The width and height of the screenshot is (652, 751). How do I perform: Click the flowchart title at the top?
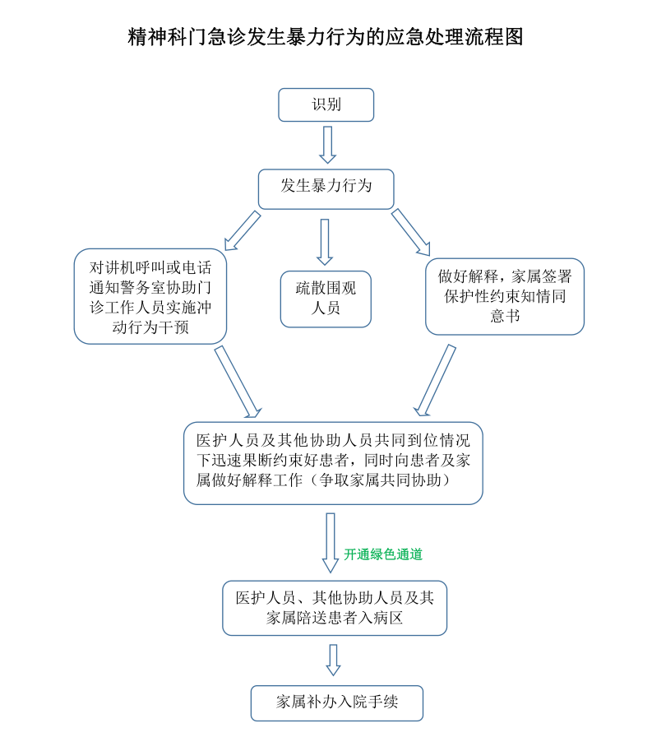click(x=326, y=37)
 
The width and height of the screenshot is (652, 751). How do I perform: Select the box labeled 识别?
click(x=326, y=104)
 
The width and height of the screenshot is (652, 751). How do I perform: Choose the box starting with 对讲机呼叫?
click(x=150, y=296)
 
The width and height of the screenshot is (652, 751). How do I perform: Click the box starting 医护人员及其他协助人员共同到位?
click(x=332, y=462)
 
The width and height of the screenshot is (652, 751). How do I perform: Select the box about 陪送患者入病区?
click(x=335, y=608)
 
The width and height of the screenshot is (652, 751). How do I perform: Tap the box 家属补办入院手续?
click(x=336, y=702)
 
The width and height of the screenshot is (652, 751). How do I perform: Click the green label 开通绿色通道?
click(x=383, y=555)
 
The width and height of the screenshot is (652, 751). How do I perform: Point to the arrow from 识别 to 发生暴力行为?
click(x=327, y=145)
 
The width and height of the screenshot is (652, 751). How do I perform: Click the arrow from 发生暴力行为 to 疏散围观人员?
click(x=326, y=241)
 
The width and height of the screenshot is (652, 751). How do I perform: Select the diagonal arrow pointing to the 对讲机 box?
click(x=243, y=229)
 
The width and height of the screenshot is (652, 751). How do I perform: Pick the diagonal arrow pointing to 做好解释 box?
click(x=411, y=231)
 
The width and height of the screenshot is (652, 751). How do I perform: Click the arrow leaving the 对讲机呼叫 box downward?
click(x=238, y=381)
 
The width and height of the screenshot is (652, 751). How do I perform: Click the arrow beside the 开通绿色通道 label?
click(x=331, y=542)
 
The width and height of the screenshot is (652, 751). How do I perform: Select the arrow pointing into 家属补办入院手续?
click(x=333, y=660)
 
